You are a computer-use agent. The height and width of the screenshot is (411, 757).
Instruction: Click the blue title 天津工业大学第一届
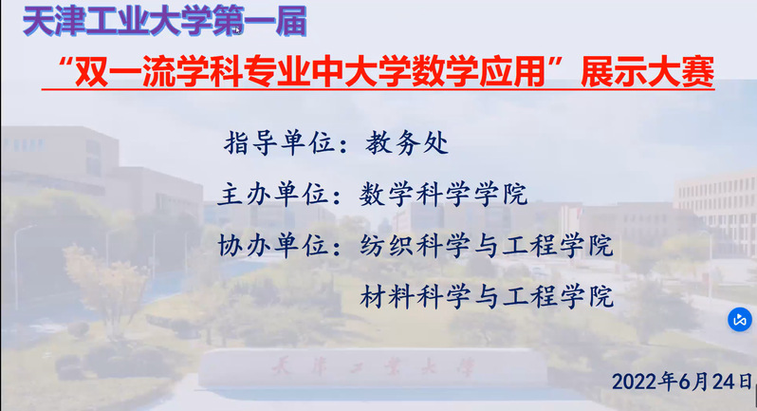[165, 22]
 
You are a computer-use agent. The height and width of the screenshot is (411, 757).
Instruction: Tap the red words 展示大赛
[647, 72]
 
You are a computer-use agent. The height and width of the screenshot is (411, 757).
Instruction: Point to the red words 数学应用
[478, 72]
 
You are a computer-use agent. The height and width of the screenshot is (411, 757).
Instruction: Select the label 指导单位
[279, 143]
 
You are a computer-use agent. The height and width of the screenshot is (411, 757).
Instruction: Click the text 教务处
[407, 143]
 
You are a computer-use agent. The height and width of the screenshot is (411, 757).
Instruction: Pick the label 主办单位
[274, 195]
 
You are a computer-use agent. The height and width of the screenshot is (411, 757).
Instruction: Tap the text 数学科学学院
[443, 195]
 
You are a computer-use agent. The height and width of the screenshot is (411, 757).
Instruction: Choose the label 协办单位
[274, 245]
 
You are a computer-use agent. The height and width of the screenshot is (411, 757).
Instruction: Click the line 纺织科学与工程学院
[487, 245]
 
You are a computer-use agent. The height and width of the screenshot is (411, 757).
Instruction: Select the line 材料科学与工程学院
[487, 296]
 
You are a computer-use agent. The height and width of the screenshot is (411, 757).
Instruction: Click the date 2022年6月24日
[682, 382]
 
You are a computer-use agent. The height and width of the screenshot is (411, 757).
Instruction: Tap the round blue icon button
[740, 319]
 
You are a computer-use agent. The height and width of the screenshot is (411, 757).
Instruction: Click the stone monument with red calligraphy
[372, 368]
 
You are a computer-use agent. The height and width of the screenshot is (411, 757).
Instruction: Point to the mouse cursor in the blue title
[238, 31]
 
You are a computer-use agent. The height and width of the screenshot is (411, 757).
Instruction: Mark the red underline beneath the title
[378, 89]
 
